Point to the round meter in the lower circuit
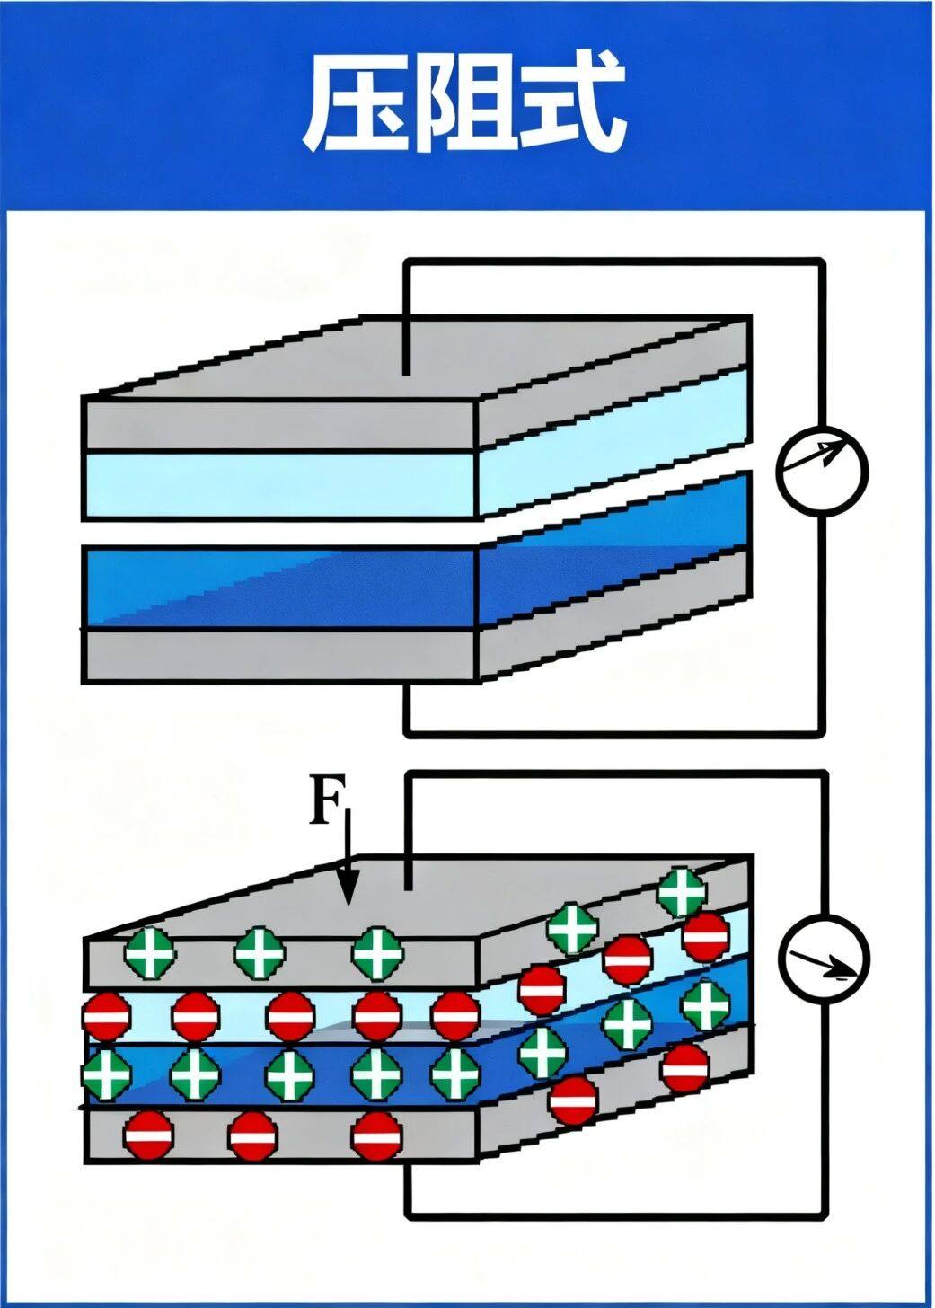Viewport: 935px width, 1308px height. [x=824, y=958]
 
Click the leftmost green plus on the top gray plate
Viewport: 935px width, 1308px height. [x=150, y=953]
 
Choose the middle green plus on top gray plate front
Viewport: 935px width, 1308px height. [x=260, y=953]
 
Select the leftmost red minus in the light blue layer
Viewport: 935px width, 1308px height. [x=107, y=1016]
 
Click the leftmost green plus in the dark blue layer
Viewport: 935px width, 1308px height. [x=107, y=1073]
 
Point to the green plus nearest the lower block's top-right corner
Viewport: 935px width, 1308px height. [x=682, y=892]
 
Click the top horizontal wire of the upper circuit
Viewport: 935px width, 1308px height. [x=611, y=261]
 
